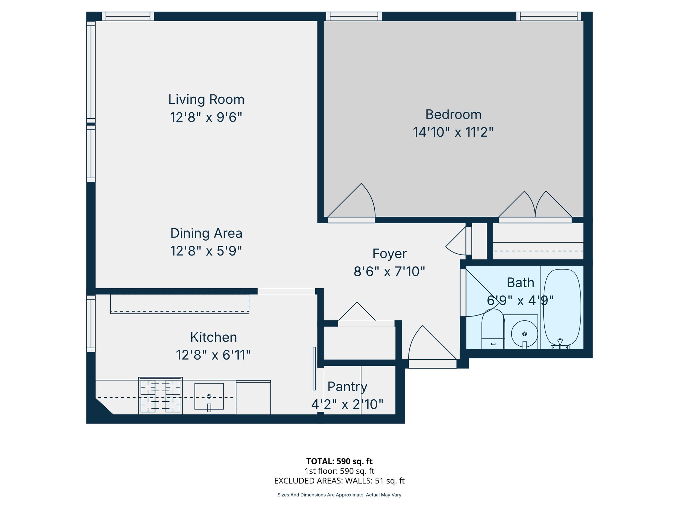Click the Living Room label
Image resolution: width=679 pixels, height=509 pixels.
tap(206, 99)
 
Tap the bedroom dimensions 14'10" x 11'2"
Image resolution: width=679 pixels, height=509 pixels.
tap(453, 132)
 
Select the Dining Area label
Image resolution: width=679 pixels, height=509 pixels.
tap(206, 233)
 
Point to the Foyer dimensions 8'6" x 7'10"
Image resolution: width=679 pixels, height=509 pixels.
tap(389, 271)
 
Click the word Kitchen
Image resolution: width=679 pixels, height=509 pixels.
tap(214, 337)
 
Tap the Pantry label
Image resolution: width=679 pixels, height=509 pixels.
tap(347, 387)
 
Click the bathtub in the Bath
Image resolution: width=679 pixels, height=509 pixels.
tap(562, 307)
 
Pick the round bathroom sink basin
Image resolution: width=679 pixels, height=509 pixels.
tap(524, 334)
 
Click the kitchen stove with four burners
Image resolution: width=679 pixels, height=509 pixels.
tap(160, 396)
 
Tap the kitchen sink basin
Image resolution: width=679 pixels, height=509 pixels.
tap(209, 396)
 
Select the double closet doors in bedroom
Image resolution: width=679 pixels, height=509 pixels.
tap(535, 207)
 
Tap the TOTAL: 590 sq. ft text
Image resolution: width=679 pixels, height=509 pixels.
tap(339, 461)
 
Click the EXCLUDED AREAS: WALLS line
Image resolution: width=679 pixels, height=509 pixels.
tap(339, 481)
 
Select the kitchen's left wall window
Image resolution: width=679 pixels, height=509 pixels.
tap(91, 323)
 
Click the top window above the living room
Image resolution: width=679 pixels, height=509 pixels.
tap(128, 16)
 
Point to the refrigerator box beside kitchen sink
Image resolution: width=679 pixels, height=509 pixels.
tap(253, 397)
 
